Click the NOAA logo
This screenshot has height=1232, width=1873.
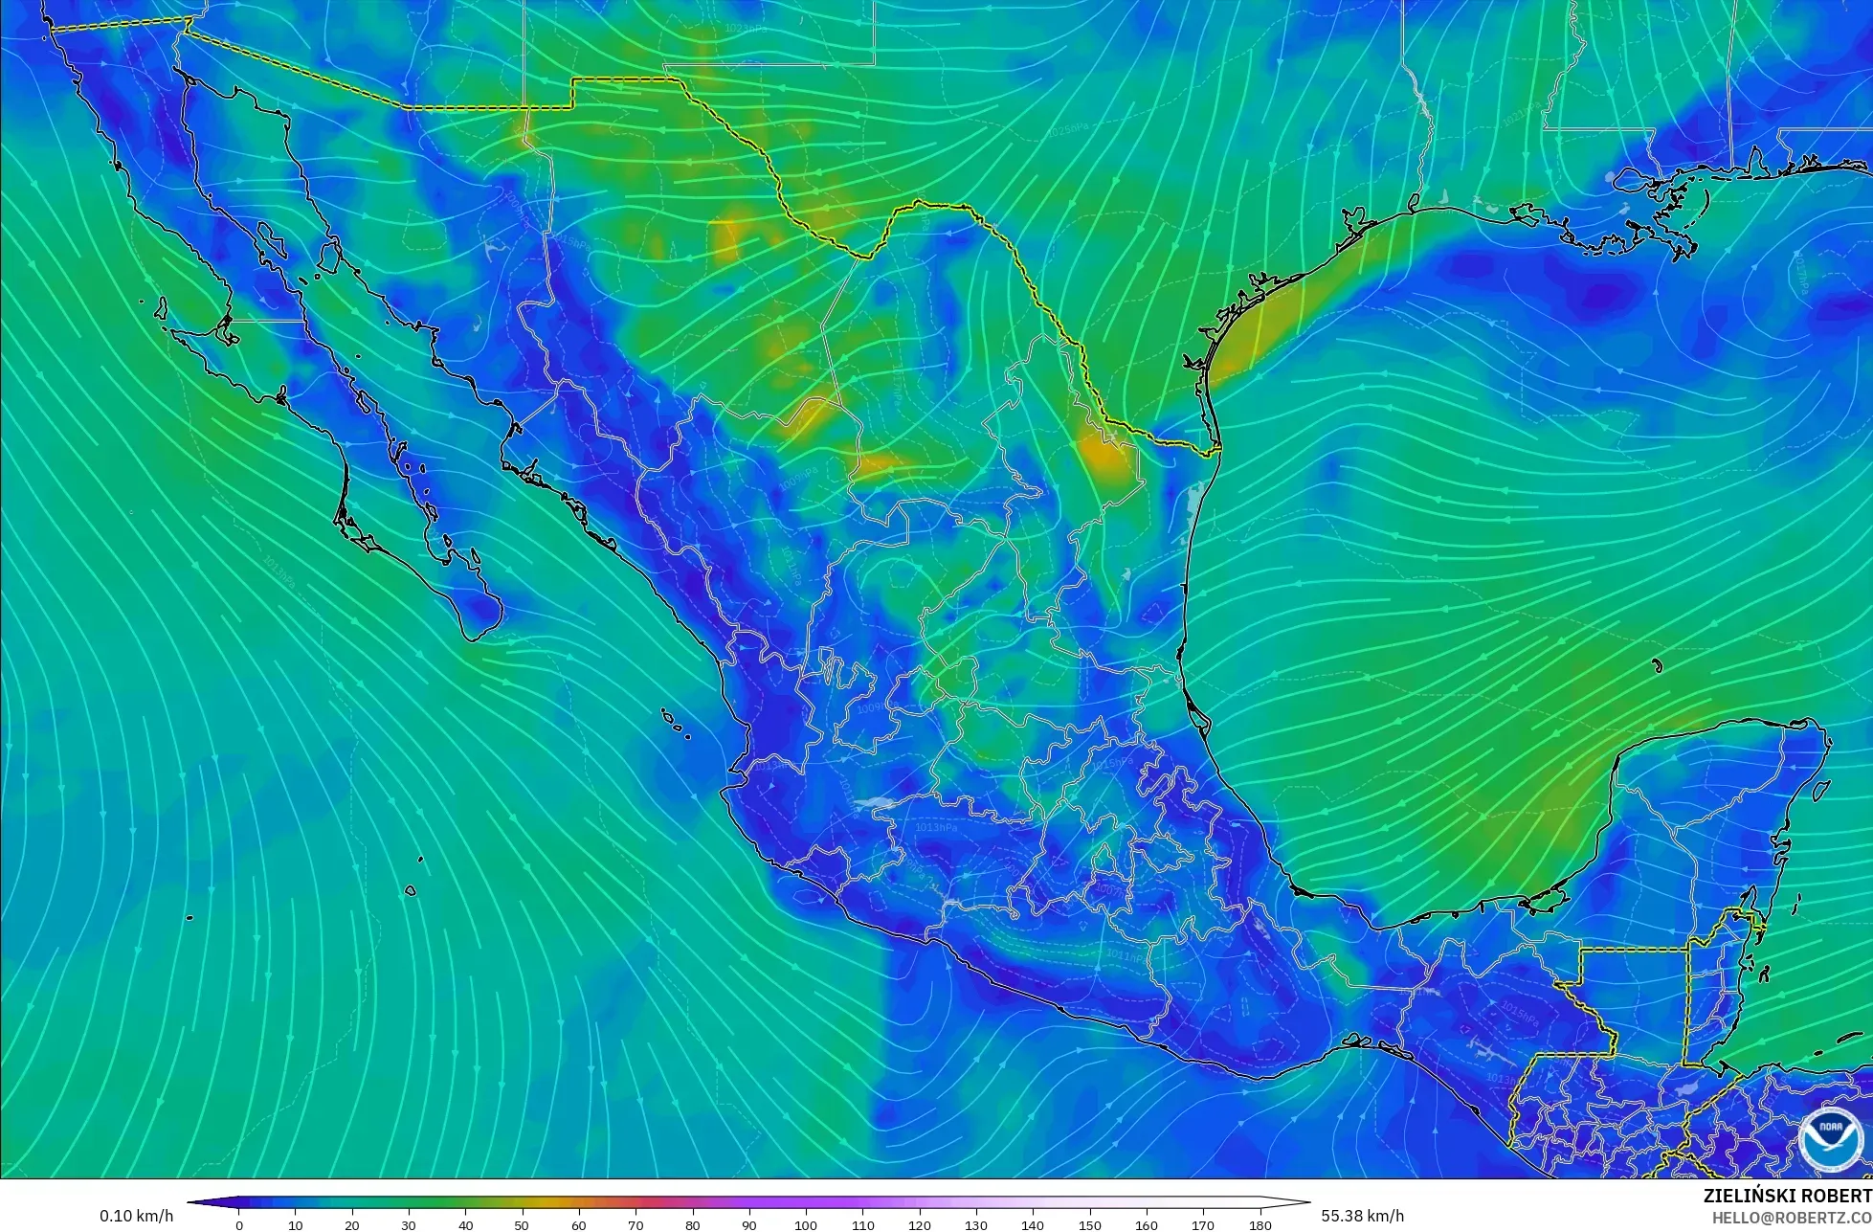pyautogui.click(x=1829, y=1139)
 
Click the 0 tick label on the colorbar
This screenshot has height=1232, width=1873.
pyautogui.click(x=239, y=1224)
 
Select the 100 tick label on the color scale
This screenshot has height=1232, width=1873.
pyautogui.click(x=806, y=1224)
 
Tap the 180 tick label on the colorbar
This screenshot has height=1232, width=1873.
pyautogui.click(x=1260, y=1224)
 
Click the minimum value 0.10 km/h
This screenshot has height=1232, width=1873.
pyautogui.click(x=136, y=1216)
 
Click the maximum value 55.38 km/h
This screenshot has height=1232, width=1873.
pyautogui.click(x=1363, y=1216)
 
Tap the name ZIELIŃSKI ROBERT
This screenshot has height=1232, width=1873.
pyautogui.click(x=1787, y=1196)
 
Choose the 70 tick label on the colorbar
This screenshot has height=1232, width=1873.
pyautogui.click(x=635, y=1224)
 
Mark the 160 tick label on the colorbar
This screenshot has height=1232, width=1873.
pyautogui.click(x=1147, y=1224)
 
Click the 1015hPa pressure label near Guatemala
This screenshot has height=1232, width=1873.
pyautogui.click(x=1520, y=1013)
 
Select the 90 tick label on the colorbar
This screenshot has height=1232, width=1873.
pyautogui.click(x=749, y=1224)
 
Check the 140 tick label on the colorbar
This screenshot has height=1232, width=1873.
pyautogui.click(x=1033, y=1224)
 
